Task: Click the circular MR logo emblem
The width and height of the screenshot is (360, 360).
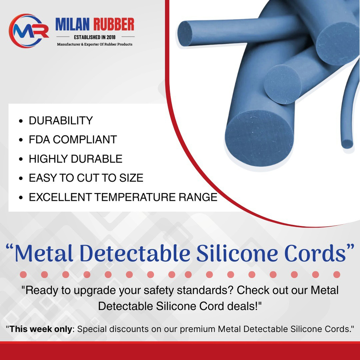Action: point(29,31)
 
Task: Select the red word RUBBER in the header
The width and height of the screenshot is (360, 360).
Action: point(114,25)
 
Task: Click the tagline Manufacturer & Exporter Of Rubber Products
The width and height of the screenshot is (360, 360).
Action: point(95,44)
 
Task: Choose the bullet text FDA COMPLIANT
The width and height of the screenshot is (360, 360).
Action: point(73,140)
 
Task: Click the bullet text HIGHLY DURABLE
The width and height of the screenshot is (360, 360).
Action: point(76,159)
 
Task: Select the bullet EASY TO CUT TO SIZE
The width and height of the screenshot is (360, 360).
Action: point(86,178)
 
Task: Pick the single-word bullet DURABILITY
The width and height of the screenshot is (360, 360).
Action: point(61,121)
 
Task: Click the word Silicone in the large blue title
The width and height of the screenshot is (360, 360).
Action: point(236,253)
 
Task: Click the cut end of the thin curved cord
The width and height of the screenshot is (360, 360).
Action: point(347,143)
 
